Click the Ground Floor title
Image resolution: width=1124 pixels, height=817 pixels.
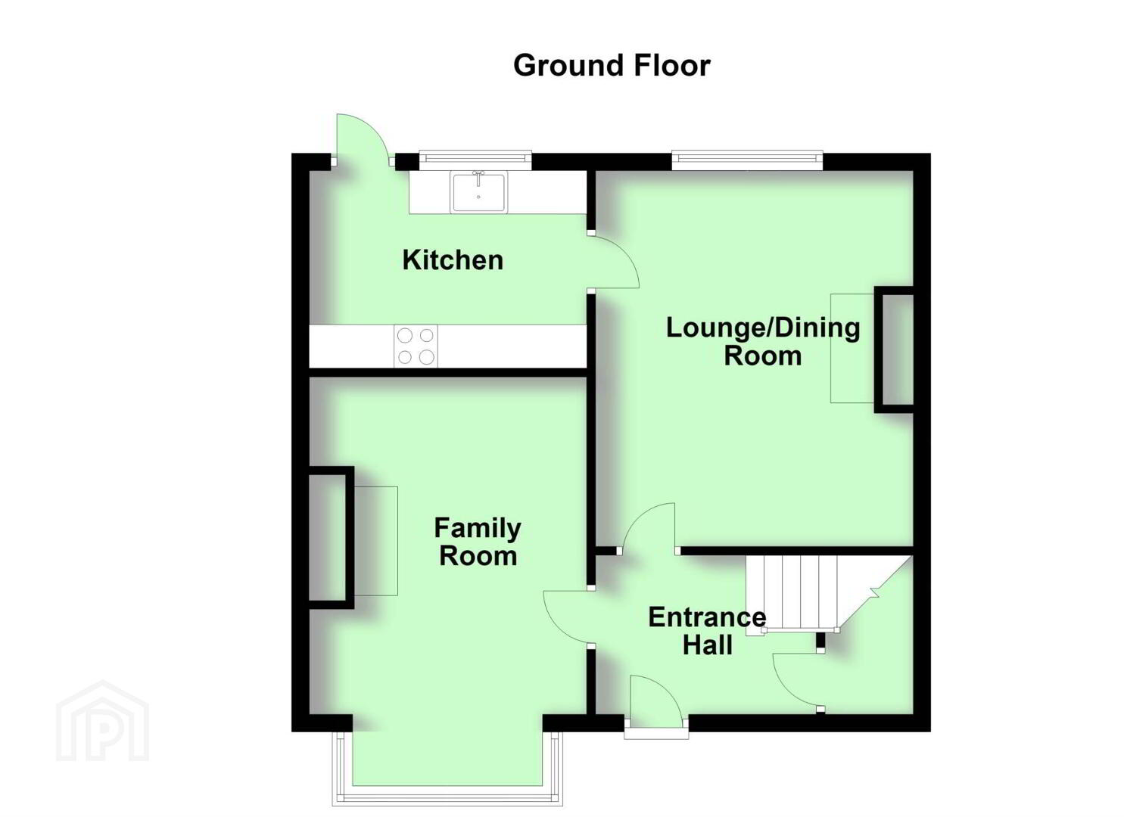click(x=612, y=66)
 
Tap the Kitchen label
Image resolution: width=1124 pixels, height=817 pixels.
click(x=453, y=259)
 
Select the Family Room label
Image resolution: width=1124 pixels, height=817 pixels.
click(x=478, y=542)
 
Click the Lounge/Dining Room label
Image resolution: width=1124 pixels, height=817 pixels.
click(x=763, y=341)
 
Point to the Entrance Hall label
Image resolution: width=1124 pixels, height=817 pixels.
click(x=707, y=631)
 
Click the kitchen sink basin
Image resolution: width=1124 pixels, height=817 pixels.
click(x=478, y=192)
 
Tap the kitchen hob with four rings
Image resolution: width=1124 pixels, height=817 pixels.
click(x=416, y=346)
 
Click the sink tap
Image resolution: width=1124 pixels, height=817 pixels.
click(x=479, y=177)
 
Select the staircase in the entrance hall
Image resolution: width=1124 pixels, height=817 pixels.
click(x=828, y=595)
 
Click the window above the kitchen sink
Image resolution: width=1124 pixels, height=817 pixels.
click(x=475, y=158)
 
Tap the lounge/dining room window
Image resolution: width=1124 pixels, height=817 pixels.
click(x=747, y=159)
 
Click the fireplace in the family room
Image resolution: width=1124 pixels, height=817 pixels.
click(x=353, y=537)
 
